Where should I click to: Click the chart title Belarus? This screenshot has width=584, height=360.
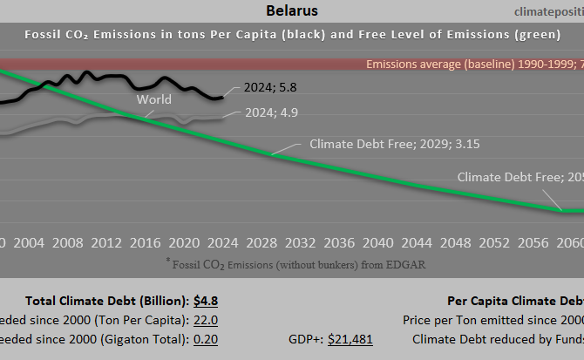291,11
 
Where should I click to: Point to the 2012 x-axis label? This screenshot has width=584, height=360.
106,241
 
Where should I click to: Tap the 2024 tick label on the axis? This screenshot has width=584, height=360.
222,241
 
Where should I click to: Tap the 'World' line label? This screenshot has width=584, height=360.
153,99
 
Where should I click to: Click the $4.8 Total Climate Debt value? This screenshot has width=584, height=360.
205,301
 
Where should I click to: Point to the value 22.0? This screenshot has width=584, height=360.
205,321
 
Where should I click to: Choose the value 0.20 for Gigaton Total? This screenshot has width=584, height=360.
205,340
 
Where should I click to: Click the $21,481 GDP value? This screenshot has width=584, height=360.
350,340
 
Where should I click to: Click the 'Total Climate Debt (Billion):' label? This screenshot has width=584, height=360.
105,301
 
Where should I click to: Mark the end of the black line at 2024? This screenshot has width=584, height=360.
223,97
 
